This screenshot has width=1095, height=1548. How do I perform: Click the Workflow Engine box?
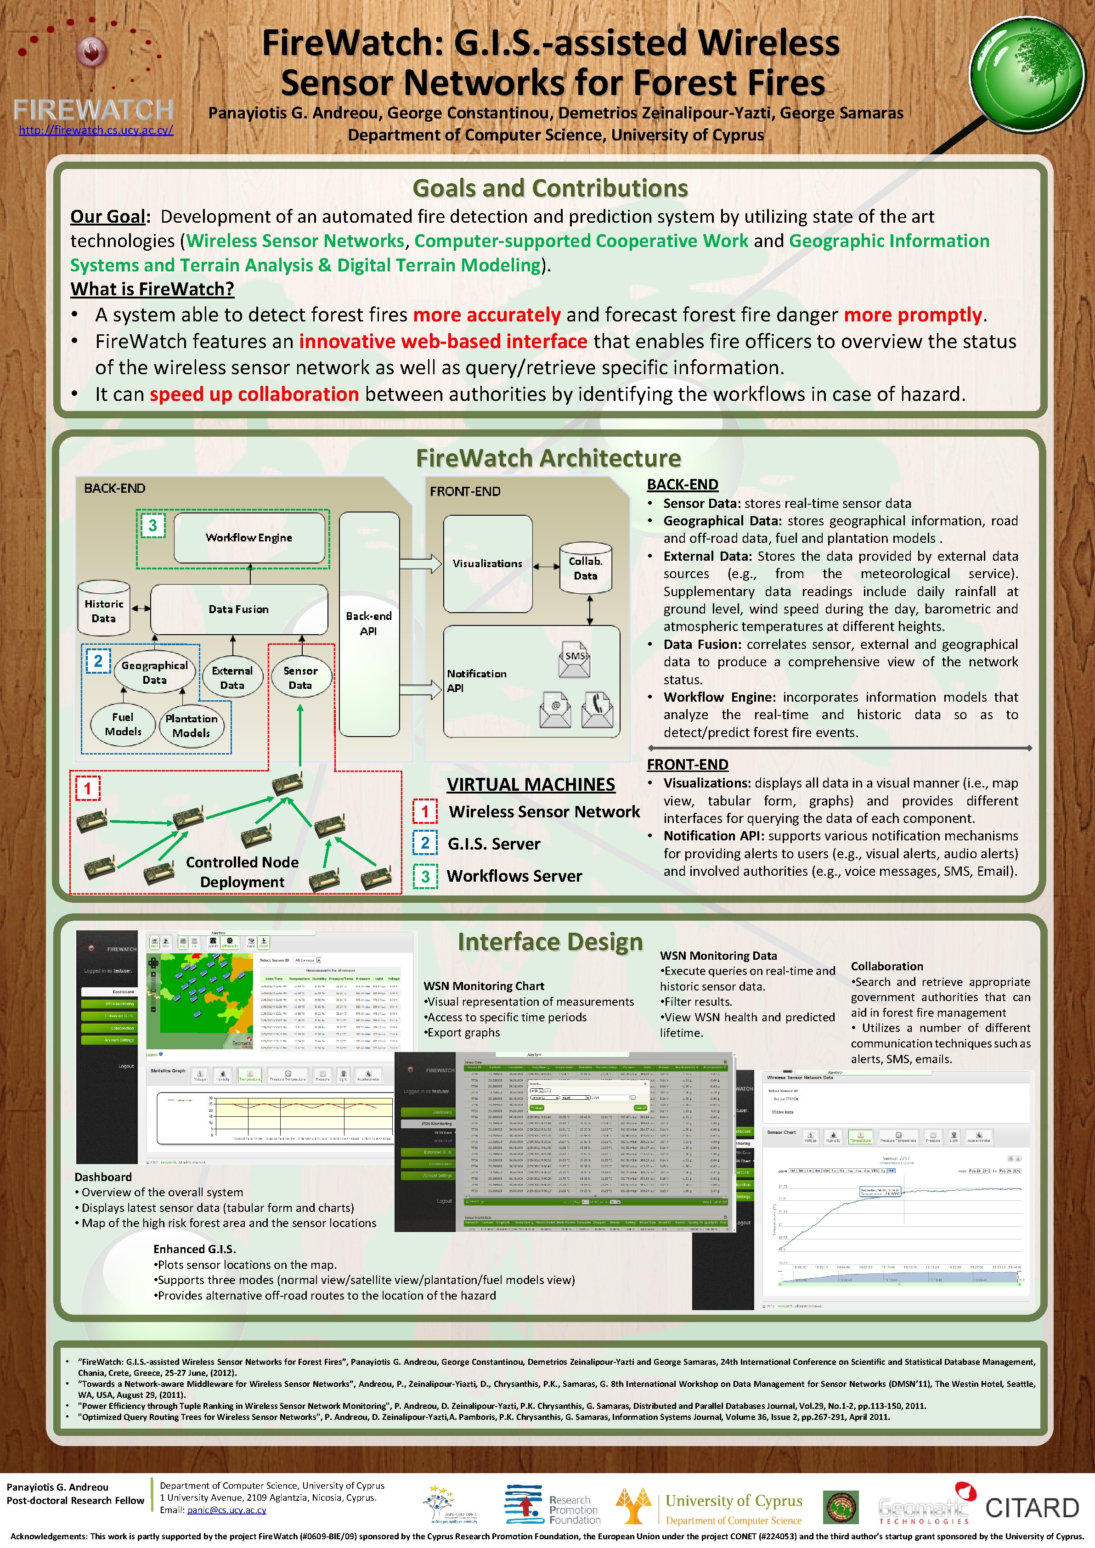[x=249, y=537]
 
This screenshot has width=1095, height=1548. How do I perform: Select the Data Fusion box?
[x=239, y=609]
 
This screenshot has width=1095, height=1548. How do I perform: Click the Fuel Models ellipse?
[x=123, y=724]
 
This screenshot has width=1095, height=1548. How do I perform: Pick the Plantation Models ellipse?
[x=192, y=726]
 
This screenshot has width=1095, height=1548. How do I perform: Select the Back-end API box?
[x=369, y=623]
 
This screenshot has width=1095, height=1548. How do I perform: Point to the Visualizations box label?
[x=487, y=563]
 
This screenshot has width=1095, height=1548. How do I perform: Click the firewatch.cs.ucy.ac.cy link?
[x=96, y=130]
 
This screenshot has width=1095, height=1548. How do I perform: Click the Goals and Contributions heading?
[x=549, y=188]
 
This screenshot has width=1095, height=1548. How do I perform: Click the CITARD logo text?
[x=1032, y=1508]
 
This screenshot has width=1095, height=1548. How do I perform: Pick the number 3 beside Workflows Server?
[x=425, y=876]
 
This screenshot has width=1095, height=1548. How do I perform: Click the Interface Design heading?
[x=549, y=942]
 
